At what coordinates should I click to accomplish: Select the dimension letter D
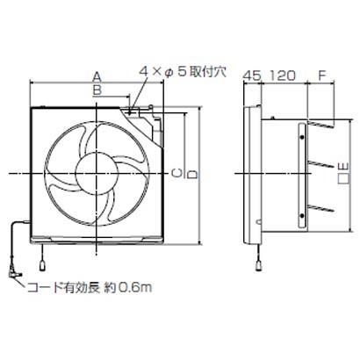click(191, 176)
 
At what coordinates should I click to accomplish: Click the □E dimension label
click(344, 176)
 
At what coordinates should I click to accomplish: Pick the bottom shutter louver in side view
click(320, 209)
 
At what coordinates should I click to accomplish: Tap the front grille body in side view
click(249, 176)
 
